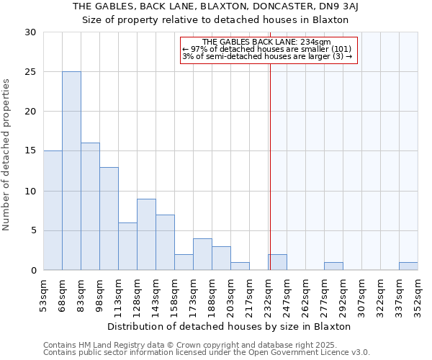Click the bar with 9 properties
click(146, 234)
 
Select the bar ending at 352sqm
click(408, 266)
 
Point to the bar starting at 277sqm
click(333, 266)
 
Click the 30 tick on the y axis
click(30, 32)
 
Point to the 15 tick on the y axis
click(30, 151)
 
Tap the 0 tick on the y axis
click(32, 270)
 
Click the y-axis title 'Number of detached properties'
click(6, 155)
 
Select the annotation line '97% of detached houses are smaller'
click(267, 49)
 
